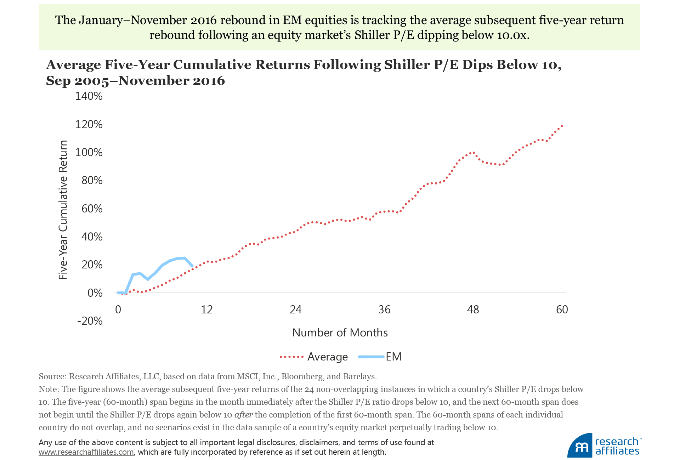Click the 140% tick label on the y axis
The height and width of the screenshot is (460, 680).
89,96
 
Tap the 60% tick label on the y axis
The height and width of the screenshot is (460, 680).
92,209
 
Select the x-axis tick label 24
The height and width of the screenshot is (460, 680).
295,310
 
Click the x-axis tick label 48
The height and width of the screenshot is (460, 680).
473,310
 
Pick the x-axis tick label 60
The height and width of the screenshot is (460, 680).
562,310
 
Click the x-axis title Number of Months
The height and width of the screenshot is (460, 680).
340,333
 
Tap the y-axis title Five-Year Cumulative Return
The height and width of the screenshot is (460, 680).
63,210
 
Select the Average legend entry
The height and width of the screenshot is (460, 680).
327,357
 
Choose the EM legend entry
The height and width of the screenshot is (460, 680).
393,357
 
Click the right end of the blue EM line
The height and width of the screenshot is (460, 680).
192,266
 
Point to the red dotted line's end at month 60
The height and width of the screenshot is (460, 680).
562,126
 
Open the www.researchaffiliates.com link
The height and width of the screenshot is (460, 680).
86,452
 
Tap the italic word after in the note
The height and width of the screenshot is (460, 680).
243,415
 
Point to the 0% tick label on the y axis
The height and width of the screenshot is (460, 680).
95,293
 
